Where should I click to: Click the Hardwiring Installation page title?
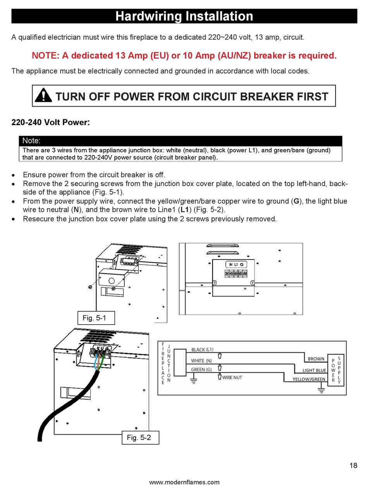(x=184, y=16)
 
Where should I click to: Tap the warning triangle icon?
(x=43, y=95)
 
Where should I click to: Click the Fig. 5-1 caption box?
(x=96, y=318)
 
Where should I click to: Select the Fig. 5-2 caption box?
(x=140, y=437)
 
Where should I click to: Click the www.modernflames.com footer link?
(x=184, y=482)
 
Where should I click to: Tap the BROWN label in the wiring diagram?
(x=316, y=359)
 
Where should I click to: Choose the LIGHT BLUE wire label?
(x=314, y=370)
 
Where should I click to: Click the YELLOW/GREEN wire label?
(x=309, y=379)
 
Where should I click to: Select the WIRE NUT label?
(x=232, y=377)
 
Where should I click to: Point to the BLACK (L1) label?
(x=202, y=349)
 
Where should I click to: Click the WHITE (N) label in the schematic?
(x=201, y=361)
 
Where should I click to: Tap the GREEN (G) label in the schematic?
(x=201, y=370)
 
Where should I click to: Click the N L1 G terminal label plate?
(x=236, y=264)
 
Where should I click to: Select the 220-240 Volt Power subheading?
(x=51, y=122)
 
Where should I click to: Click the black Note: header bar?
(x=181, y=141)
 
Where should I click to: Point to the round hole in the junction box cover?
(x=112, y=280)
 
